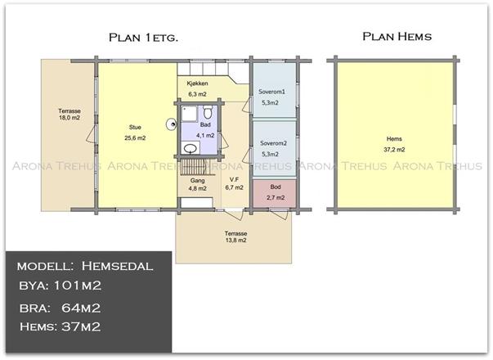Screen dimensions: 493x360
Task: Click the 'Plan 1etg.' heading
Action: click(x=143, y=38)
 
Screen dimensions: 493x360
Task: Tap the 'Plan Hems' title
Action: click(x=397, y=36)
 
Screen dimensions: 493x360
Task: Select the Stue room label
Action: click(x=135, y=127)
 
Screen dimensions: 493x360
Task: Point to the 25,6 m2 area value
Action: click(x=135, y=137)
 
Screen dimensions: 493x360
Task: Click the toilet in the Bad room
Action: click(x=207, y=112)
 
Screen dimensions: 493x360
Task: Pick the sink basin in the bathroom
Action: click(x=190, y=148)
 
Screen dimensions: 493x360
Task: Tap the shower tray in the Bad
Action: click(x=189, y=114)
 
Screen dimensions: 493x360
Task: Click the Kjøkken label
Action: click(x=198, y=83)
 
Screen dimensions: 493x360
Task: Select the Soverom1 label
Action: click(x=271, y=92)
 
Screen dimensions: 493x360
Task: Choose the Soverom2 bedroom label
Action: click(x=273, y=143)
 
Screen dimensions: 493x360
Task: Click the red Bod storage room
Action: click(x=275, y=193)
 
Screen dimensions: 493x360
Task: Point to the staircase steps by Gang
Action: click(x=194, y=167)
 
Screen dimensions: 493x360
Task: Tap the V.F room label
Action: click(x=234, y=179)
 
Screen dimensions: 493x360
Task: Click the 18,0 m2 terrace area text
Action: click(x=69, y=118)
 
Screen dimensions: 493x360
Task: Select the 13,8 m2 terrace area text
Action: click(x=235, y=240)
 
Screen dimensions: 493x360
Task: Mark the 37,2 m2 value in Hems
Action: click(x=394, y=150)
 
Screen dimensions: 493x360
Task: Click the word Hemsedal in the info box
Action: click(x=117, y=266)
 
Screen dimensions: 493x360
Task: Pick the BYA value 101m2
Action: click(x=78, y=286)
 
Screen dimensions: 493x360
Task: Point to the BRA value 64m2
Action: click(x=81, y=308)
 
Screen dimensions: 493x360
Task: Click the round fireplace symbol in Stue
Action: click(x=172, y=124)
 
